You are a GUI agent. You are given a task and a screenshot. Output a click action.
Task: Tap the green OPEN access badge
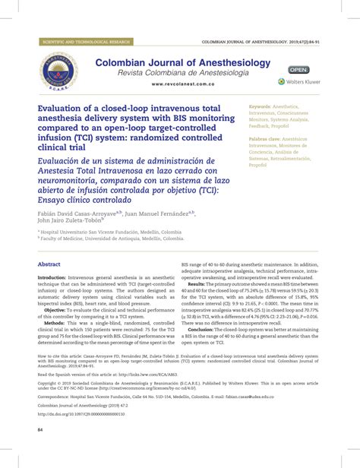pos(298,70)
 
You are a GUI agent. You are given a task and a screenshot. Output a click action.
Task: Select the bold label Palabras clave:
pos(266,141)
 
